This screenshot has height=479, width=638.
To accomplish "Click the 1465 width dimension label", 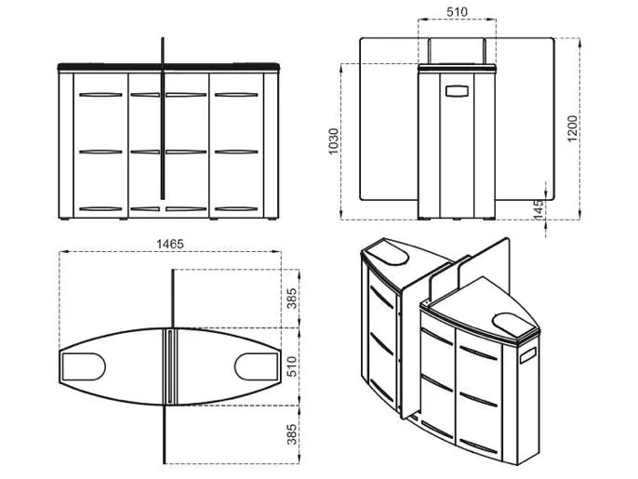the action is point(170,244).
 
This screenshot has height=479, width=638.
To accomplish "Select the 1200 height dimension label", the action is point(573,128).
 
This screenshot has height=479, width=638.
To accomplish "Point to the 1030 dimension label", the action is point(333,141).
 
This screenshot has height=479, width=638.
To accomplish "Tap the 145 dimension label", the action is point(538,209).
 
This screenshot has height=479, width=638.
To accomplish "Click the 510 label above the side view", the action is point(457,12).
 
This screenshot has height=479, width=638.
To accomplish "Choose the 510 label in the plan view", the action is point(292,366).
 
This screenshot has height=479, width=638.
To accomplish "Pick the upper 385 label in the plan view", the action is point(292,299).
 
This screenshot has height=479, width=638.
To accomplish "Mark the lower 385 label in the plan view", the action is point(292,434).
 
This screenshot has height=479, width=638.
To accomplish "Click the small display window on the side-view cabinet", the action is point(457,91).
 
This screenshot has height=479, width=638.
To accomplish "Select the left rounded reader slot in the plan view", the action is point(83,366).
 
